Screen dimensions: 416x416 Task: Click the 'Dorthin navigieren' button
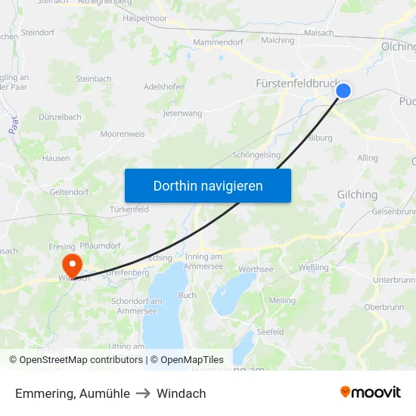pyautogui.click(x=208, y=185)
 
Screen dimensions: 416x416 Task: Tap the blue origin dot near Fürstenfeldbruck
pyautogui.click(x=343, y=91)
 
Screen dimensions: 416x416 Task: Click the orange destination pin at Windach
pyautogui.click(x=73, y=265)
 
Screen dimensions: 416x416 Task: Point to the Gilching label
pyautogui.click(x=357, y=194)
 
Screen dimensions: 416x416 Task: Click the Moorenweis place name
pyautogui.click(x=122, y=134)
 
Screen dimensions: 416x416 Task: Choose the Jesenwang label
pyautogui.click(x=183, y=113)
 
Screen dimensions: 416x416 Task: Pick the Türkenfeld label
pyautogui.click(x=129, y=209)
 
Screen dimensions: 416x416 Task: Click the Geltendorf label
pyautogui.click(x=70, y=192)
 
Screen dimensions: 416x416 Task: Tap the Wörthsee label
pyautogui.click(x=256, y=269)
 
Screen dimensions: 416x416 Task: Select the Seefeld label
pyautogui.click(x=270, y=332)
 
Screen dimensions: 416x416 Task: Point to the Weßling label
pyautogui.click(x=314, y=267)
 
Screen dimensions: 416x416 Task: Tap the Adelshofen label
pyautogui.click(x=164, y=87)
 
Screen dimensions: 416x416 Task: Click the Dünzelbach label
pyautogui.click(x=61, y=117)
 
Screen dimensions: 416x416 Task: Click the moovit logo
pyautogui.click(x=370, y=393)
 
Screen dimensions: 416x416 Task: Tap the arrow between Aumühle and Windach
pyautogui.click(x=144, y=393)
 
